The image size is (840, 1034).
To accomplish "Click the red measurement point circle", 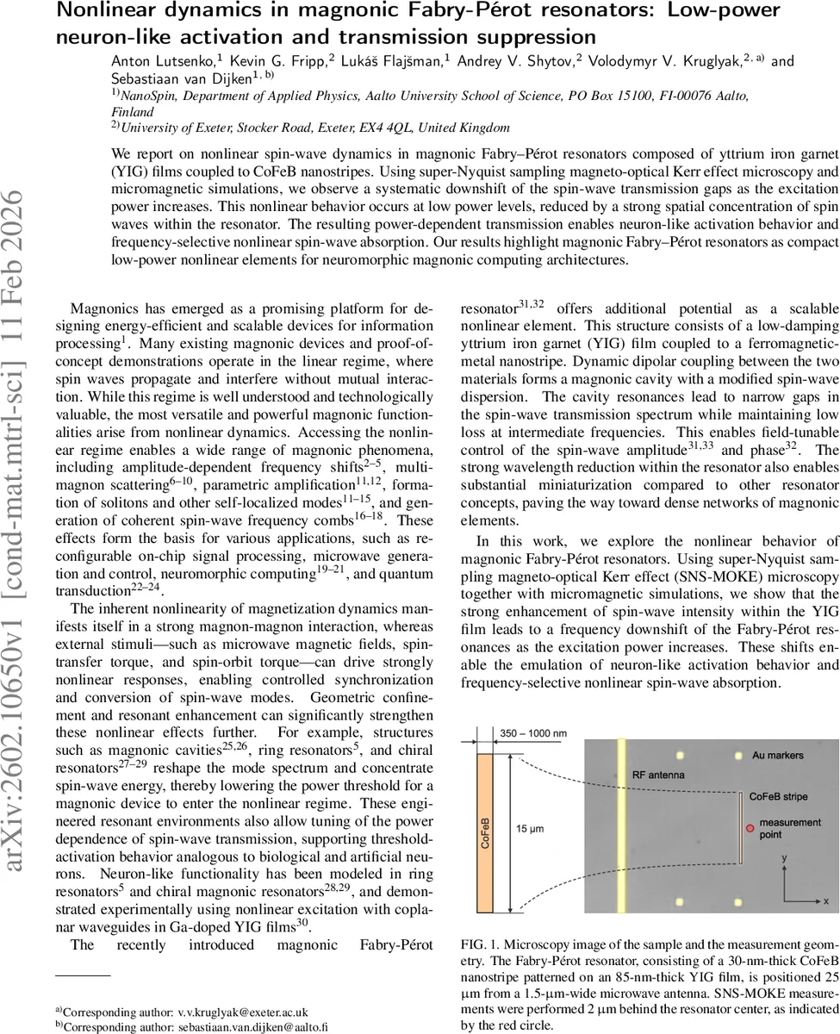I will [x=750, y=827].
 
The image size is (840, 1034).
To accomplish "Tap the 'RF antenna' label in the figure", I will [x=661, y=775].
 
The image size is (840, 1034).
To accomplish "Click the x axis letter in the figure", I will [x=824, y=900].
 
